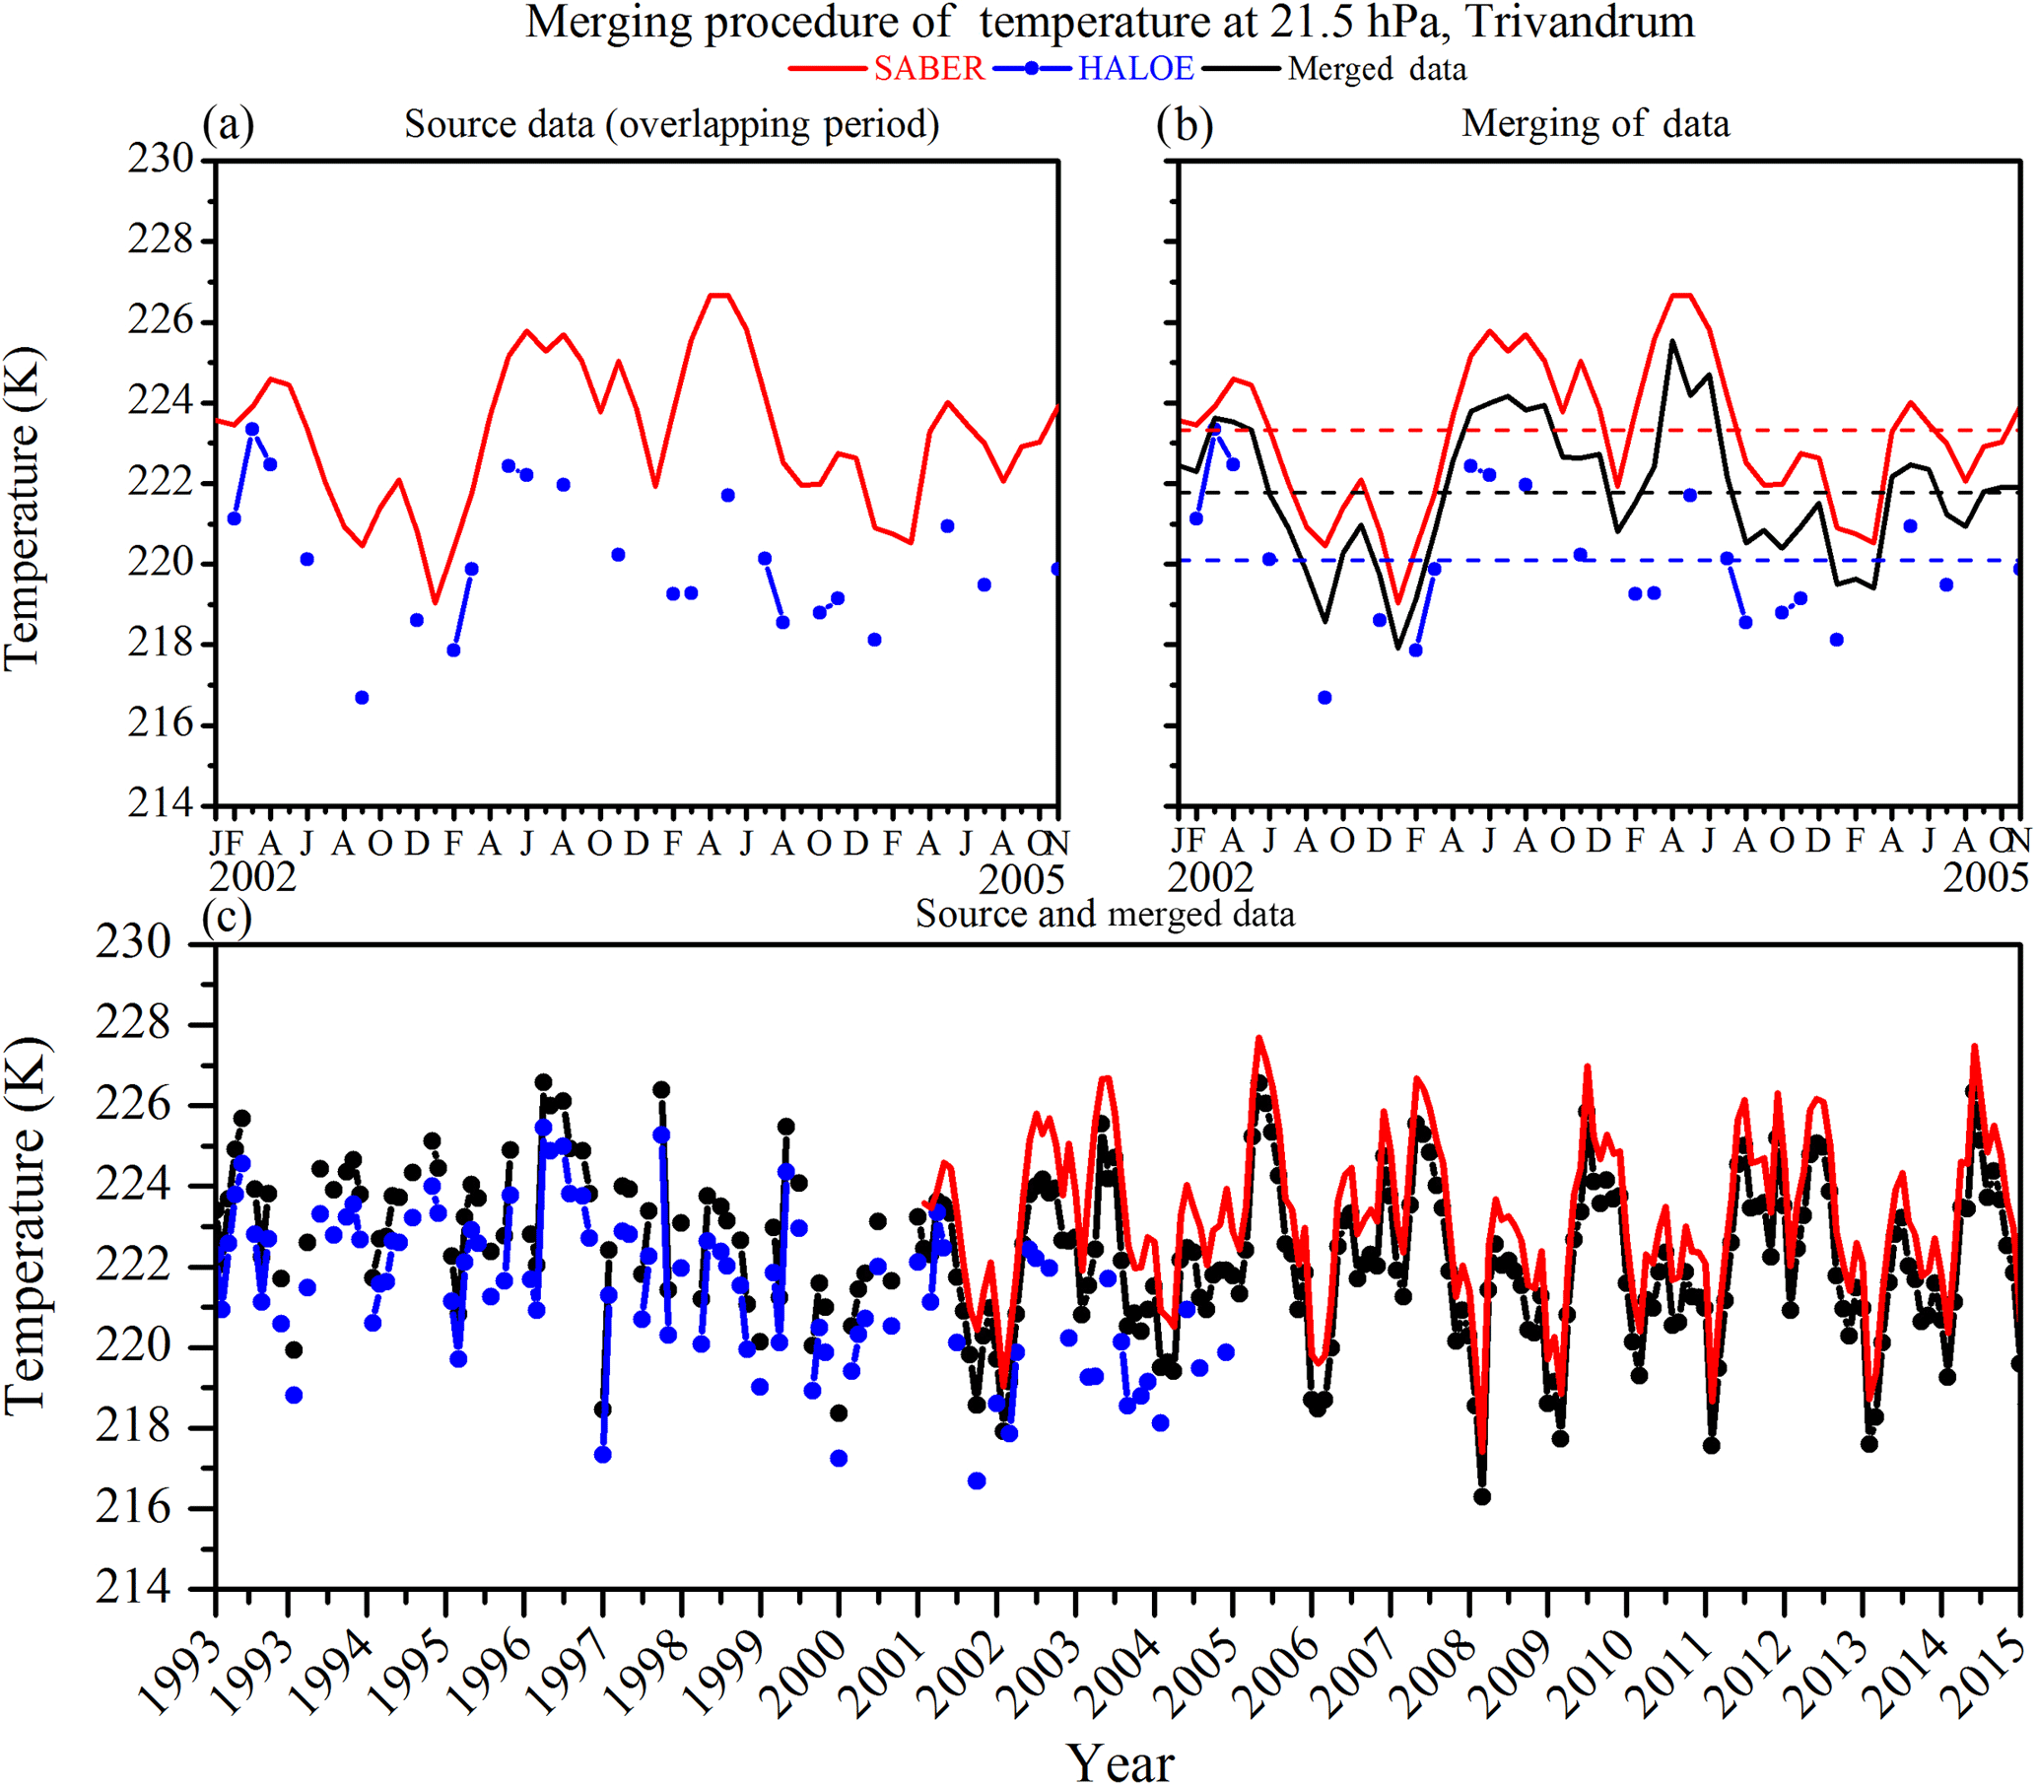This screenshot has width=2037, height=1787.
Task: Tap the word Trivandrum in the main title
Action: click(x=1580, y=22)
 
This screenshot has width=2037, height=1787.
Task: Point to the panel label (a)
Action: click(x=229, y=125)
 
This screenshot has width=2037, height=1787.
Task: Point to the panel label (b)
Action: click(x=1185, y=125)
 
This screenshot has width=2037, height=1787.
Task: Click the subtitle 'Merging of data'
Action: click(x=1596, y=123)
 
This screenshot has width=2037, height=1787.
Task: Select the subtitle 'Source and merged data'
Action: click(x=1104, y=914)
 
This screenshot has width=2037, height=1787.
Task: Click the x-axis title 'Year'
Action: click(x=1120, y=1762)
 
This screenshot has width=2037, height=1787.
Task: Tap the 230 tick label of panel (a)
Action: click(x=161, y=160)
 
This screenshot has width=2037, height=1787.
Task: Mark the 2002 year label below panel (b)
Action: click(x=1210, y=877)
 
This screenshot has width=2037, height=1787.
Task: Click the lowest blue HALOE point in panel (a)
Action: click(x=362, y=698)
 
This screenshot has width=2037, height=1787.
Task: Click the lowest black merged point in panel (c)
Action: click(x=1482, y=1497)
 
